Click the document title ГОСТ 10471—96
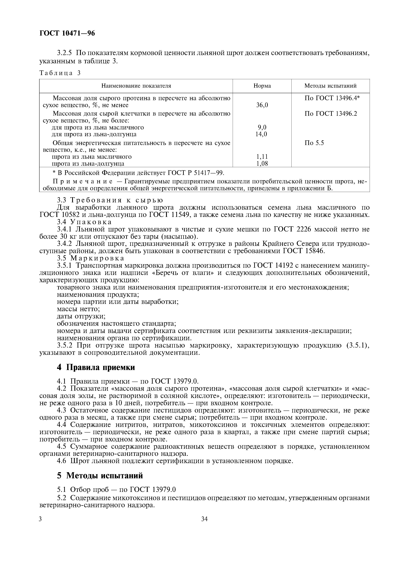[67, 33]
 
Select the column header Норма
[262, 86]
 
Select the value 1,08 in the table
[262, 164]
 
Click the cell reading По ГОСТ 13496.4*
[332, 98]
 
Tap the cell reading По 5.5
[314, 143]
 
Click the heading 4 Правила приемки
[96, 367]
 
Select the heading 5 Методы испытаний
[100, 475]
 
